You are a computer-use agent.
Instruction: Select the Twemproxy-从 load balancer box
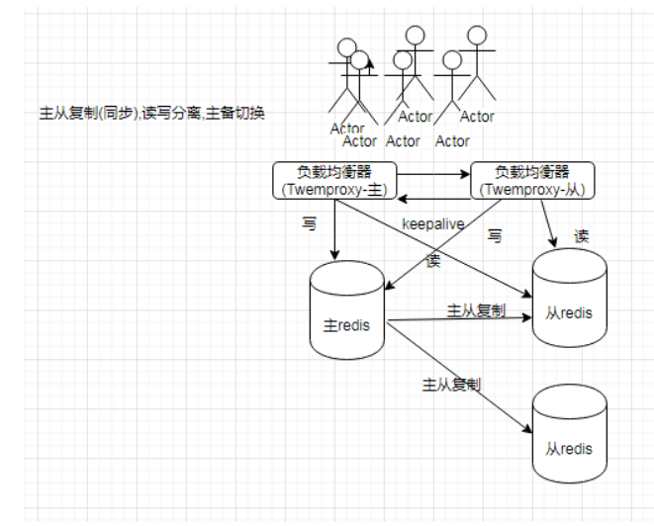(x=532, y=179)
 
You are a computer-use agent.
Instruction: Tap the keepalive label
(x=432, y=223)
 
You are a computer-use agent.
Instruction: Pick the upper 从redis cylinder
(x=569, y=299)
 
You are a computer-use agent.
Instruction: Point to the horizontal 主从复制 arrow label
(x=476, y=310)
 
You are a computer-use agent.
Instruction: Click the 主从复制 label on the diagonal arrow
(x=451, y=383)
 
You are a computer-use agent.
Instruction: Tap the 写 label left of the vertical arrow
(x=310, y=224)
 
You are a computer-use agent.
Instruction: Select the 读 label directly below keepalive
(x=432, y=260)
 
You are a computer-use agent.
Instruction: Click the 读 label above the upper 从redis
(x=582, y=237)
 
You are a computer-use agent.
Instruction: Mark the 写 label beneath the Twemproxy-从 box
(x=496, y=236)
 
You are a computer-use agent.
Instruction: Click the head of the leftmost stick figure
(x=346, y=46)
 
